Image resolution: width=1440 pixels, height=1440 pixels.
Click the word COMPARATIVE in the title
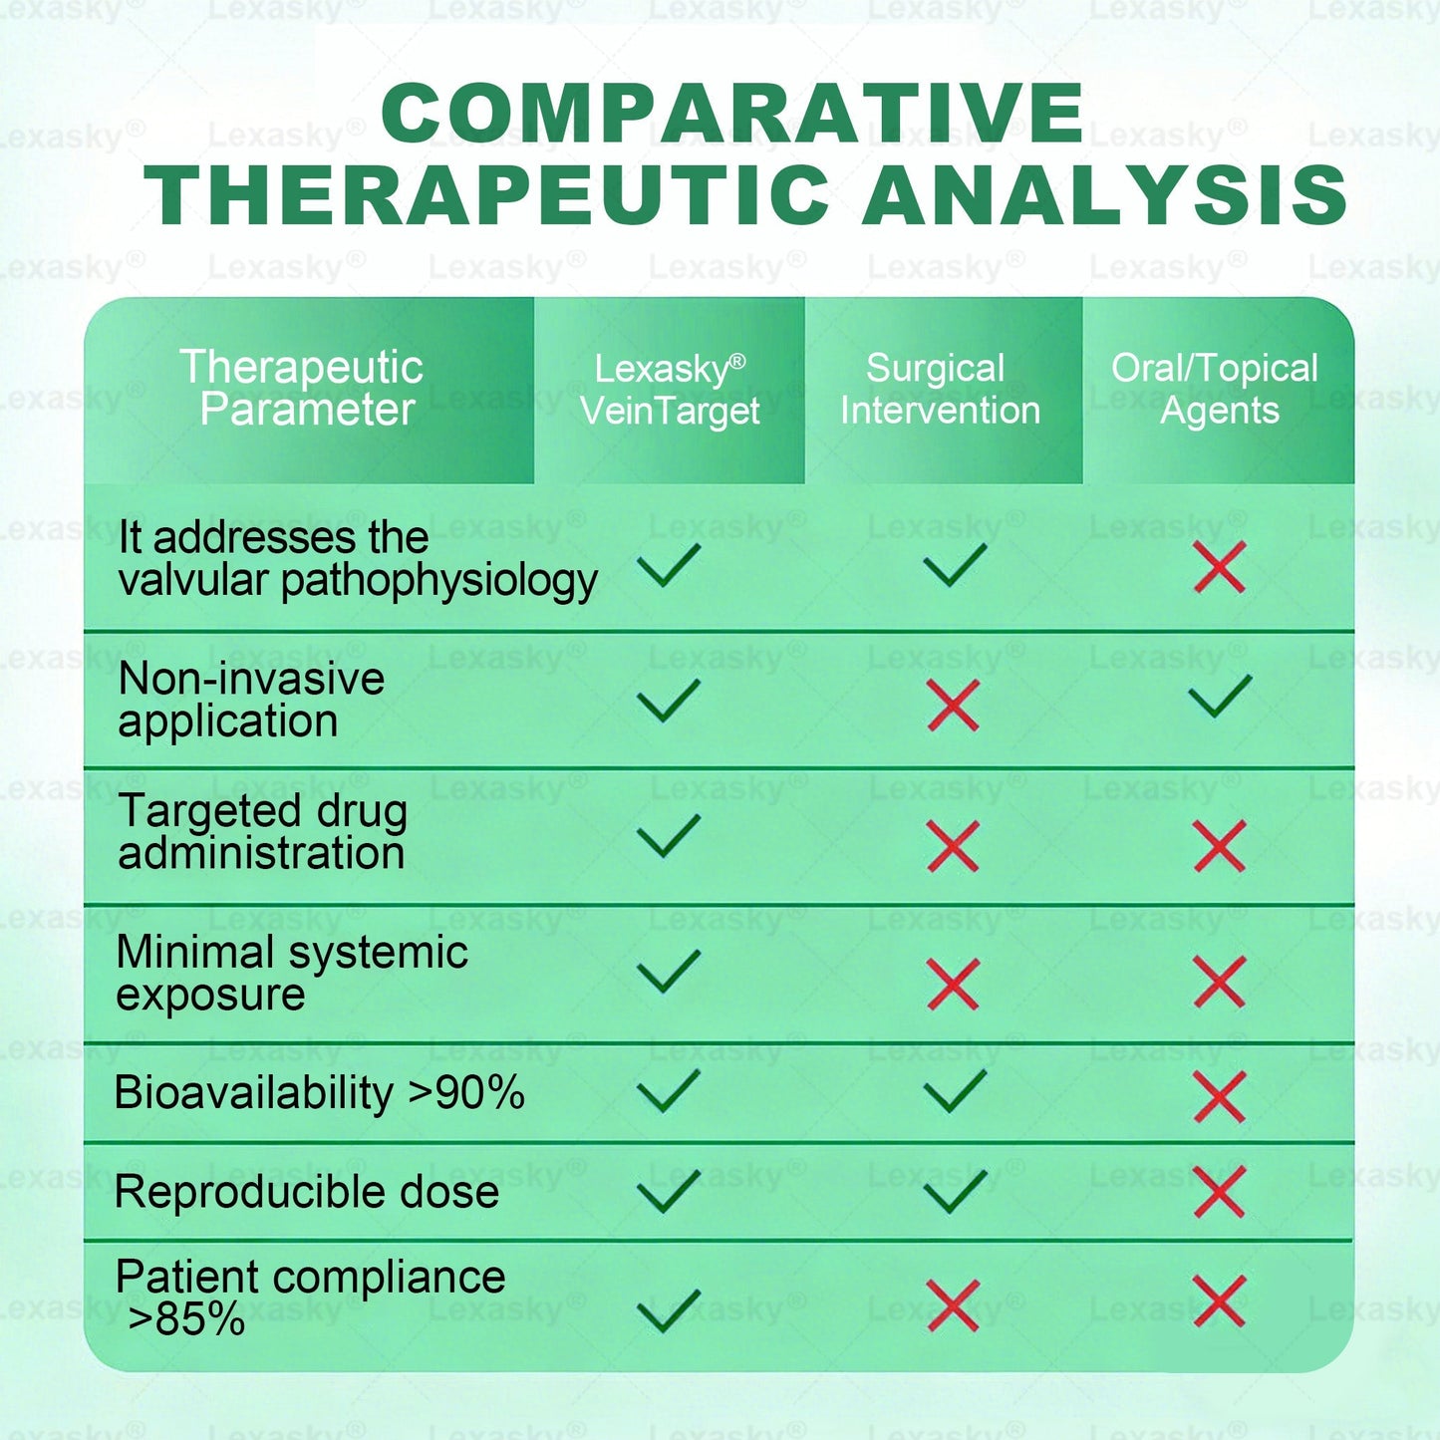point(732,114)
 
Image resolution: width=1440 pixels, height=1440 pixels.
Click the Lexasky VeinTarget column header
point(670,390)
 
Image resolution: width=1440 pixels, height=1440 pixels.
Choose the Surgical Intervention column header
point(940,390)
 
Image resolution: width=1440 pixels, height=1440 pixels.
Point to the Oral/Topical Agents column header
point(1217,390)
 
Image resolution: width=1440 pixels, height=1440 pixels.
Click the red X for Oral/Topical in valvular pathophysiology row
point(1220,568)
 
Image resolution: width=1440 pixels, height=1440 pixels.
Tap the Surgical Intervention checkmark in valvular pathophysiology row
point(955,565)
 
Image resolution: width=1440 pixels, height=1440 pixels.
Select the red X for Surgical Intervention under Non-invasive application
point(954,706)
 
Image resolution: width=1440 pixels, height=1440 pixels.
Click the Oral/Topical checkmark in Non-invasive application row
point(1220,697)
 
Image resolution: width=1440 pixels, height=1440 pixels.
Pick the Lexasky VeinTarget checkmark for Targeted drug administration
point(669,836)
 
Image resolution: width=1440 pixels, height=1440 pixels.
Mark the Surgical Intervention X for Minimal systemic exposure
point(954,984)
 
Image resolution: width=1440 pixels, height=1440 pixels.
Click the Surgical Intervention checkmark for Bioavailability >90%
point(955,1091)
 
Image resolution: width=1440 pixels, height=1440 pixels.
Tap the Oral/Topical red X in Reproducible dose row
point(1220,1192)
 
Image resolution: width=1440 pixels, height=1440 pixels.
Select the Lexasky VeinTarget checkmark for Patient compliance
point(669,1310)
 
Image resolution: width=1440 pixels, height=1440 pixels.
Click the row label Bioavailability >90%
point(320,1093)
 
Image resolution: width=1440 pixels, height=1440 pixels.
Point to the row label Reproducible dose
point(307,1192)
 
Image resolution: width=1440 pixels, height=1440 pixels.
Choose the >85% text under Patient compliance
point(186,1319)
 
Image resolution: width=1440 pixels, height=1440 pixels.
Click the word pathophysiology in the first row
point(439,581)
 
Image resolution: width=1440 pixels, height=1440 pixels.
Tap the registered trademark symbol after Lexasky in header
point(737,361)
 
